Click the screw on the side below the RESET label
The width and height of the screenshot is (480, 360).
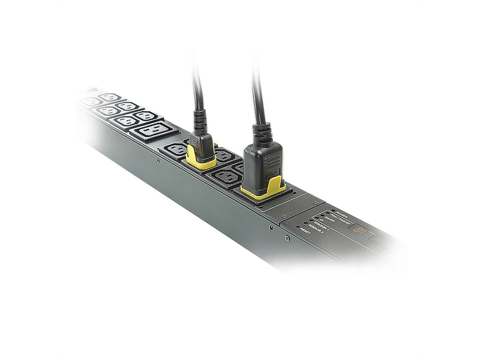[x=287, y=238]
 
